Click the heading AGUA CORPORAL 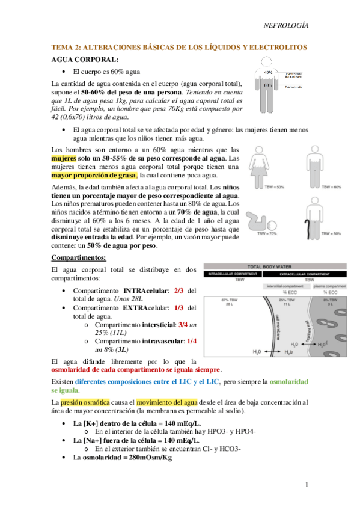point(85,60)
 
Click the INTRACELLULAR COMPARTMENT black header point(240,273)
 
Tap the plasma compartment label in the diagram point(331,287)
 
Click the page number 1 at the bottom point(307,485)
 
